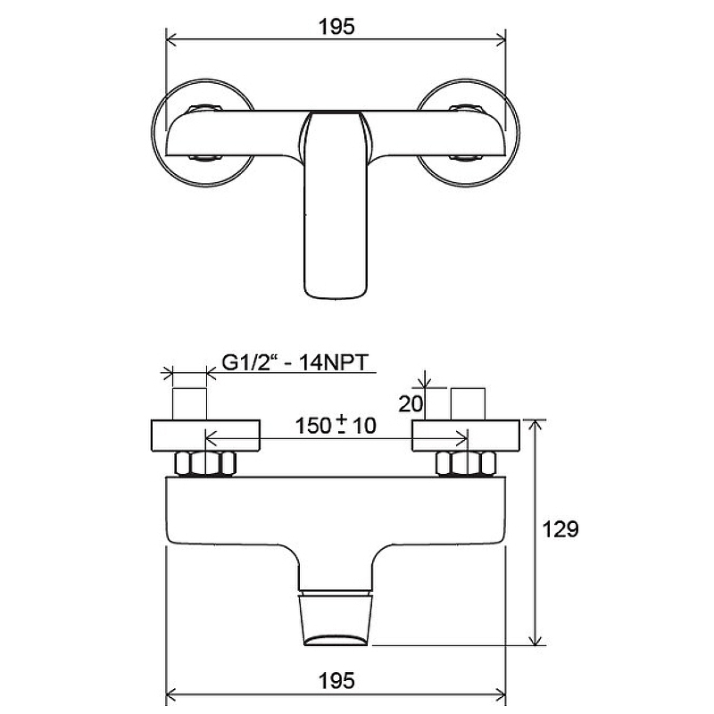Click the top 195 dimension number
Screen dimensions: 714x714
336,27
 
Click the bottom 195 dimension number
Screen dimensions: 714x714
336,681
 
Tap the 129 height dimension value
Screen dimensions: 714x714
560,529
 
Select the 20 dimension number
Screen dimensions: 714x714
411,404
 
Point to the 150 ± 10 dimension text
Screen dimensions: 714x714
336,426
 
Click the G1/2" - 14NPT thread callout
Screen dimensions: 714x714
295,363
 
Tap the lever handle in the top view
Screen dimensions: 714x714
336,205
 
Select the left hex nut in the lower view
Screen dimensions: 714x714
205,463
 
